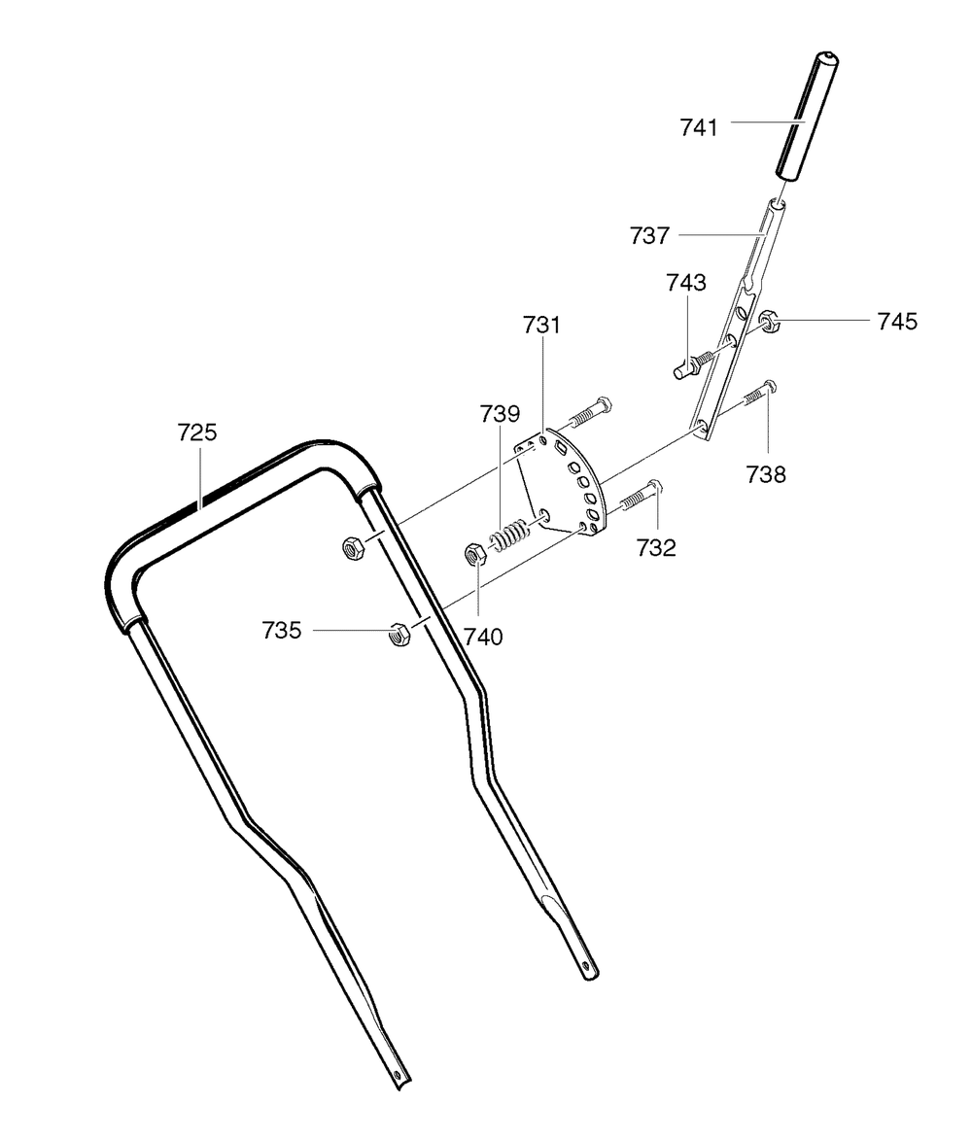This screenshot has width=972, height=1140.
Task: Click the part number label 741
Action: tap(699, 127)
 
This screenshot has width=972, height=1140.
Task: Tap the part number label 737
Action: tap(649, 235)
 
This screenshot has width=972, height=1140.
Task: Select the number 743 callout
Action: tap(686, 282)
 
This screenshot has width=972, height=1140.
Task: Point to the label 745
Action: tap(897, 322)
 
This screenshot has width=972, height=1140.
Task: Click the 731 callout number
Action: tap(541, 325)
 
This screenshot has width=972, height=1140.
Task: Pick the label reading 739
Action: tap(501, 414)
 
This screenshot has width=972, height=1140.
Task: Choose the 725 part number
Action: tap(197, 432)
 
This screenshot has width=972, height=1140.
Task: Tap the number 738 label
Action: tap(766, 475)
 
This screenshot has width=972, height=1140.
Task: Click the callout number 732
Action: tap(656, 547)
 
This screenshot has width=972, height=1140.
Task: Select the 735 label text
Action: tap(281, 631)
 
